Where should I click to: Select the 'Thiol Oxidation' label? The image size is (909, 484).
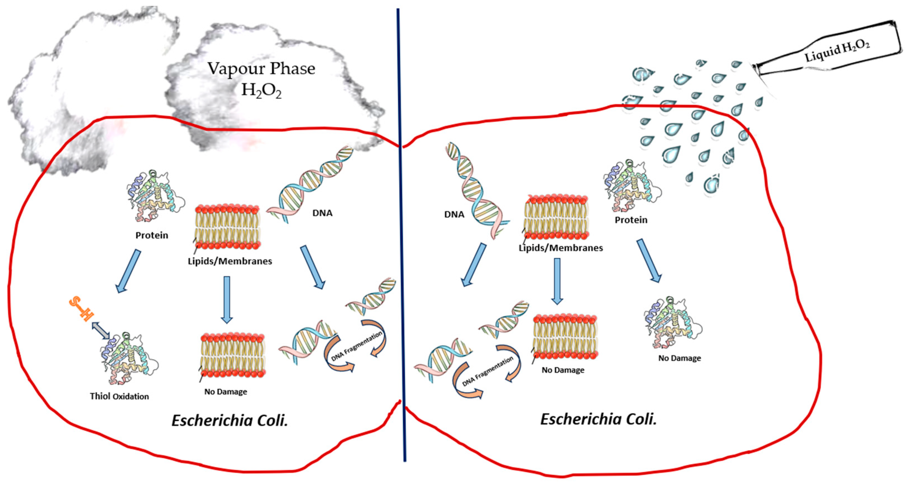point(119,396)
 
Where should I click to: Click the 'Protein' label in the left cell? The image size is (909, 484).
point(152,235)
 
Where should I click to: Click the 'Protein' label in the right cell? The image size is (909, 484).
point(631,220)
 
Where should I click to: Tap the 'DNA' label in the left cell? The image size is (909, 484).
point(322,213)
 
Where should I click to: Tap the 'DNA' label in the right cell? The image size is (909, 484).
point(454,214)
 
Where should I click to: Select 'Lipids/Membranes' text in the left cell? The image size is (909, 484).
point(230,261)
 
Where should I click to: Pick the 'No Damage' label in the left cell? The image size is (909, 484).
point(225,392)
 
